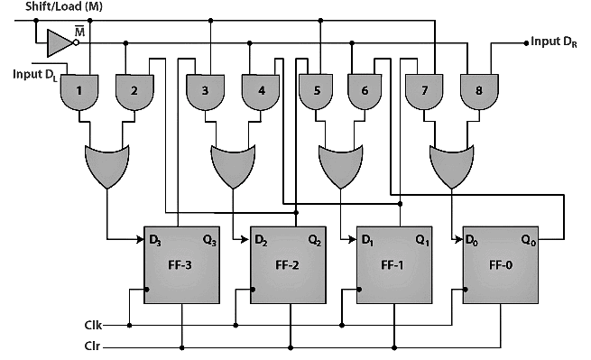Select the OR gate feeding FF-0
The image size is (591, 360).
450,163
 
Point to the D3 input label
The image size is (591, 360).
156,241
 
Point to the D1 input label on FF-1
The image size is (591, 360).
369,241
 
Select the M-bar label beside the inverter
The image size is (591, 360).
79,32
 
